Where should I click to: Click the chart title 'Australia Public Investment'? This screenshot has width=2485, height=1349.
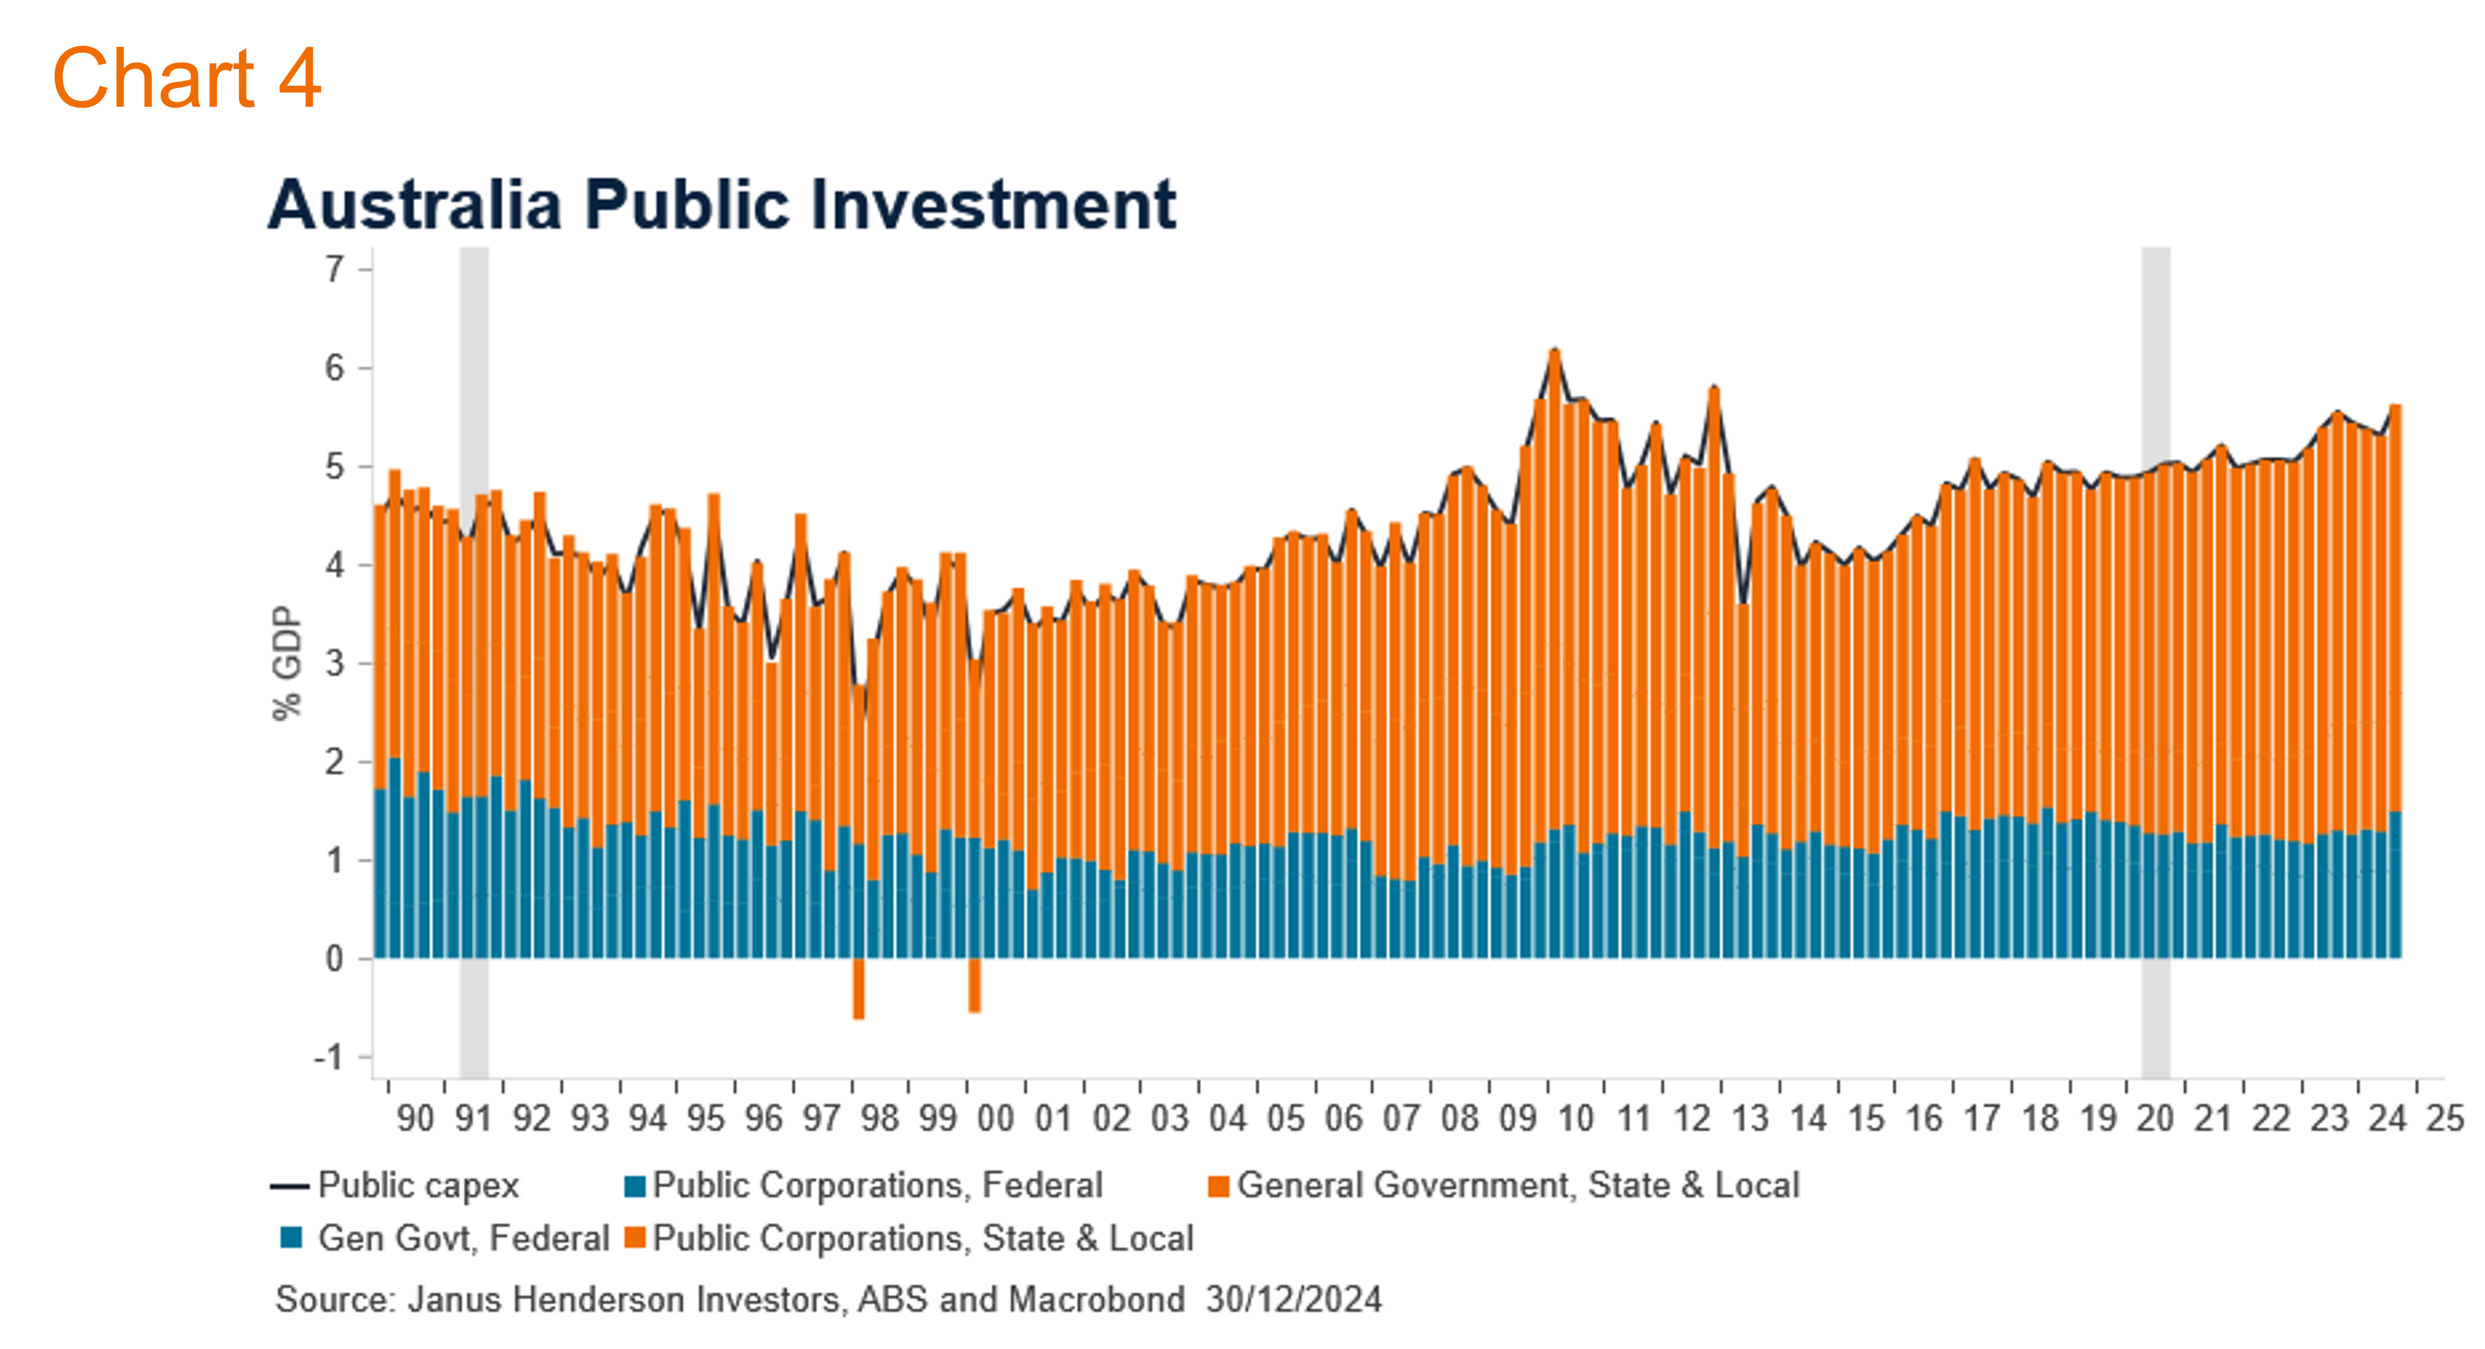pos(722,205)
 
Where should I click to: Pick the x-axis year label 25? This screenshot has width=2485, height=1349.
pos(2446,1119)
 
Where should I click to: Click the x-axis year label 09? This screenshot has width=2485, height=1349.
pos(1517,1119)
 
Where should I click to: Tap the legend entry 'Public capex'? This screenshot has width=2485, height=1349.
pos(396,1185)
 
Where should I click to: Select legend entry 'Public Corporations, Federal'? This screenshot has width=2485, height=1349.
pos(863,1185)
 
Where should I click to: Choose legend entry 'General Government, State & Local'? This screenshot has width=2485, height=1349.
pos(1505,1185)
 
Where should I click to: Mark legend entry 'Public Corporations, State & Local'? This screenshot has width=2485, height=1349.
pos(910,1238)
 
